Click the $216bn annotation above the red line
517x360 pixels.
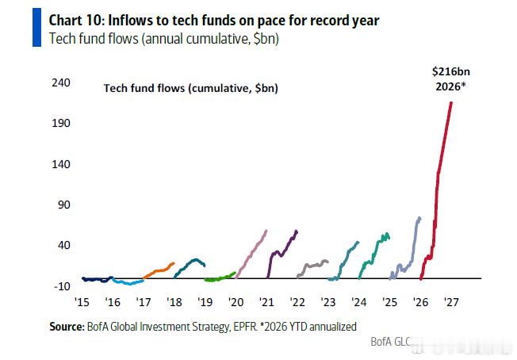point(450,71)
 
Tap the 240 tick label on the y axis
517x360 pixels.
point(61,82)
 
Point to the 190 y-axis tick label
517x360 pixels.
point(61,123)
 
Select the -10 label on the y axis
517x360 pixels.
point(62,286)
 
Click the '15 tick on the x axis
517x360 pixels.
point(82,302)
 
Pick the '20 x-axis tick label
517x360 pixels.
point(236,302)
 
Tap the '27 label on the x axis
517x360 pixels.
point(451,302)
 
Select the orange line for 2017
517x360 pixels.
point(159,270)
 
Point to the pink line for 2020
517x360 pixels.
point(251,253)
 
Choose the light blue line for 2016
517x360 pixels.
point(128,281)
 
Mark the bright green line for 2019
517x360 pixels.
point(220,278)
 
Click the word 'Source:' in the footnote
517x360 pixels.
point(67,327)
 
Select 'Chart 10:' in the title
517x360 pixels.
point(77,21)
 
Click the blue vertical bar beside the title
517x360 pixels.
point(36,28)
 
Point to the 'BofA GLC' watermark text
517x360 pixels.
point(391,342)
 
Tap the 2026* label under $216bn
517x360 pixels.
point(450,86)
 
